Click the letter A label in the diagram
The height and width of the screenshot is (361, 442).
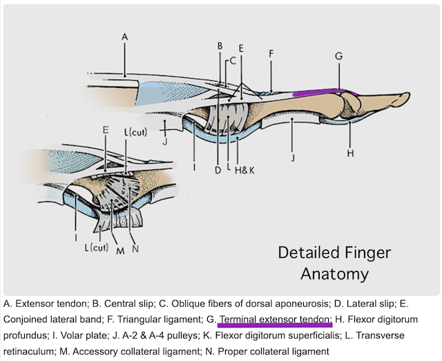(x=124, y=36)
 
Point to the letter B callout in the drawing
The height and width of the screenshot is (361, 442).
(x=219, y=46)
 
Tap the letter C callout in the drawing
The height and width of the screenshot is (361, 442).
(x=232, y=60)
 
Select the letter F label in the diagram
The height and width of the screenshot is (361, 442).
(x=271, y=53)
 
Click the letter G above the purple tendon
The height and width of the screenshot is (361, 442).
(x=338, y=55)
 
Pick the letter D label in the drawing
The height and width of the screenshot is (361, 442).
(x=218, y=169)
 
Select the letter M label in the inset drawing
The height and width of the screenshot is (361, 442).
(x=119, y=250)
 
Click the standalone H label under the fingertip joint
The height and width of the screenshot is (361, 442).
(x=350, y=153)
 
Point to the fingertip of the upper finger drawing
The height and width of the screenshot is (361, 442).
(x=407, y=97)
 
